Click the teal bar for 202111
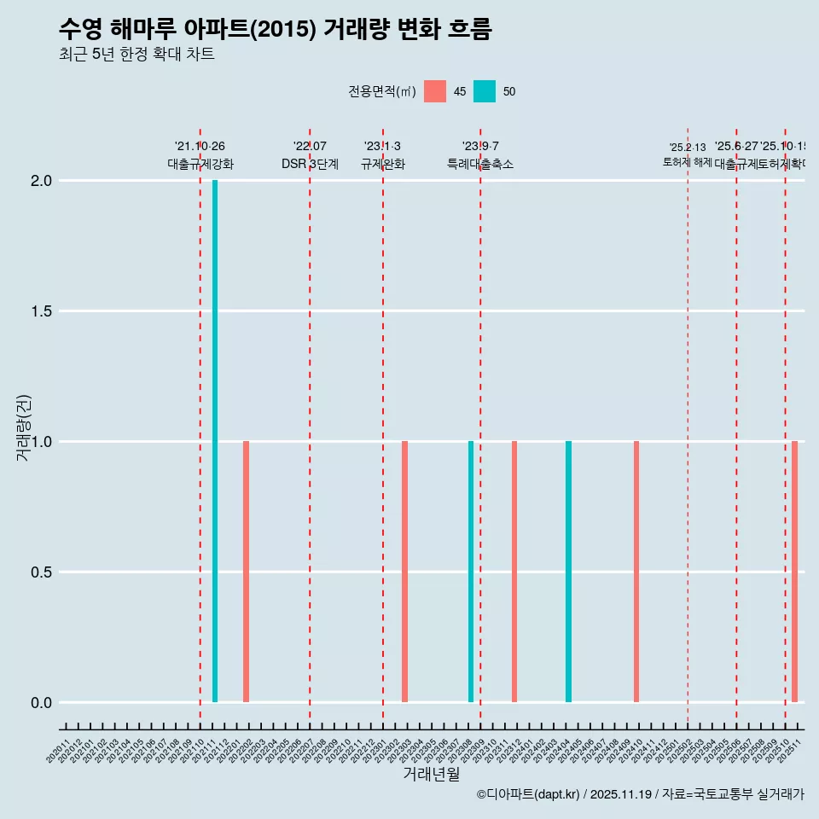tap(215, 441)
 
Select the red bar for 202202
tap(246, 572)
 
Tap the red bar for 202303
tap(404, 572)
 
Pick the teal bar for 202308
tap(470, 572)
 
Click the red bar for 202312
tap(514, 572)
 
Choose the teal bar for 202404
tap(568, 572)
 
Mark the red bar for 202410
tap(636, 572)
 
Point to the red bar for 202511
tap(794, 572)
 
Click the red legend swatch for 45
tap(435, 91)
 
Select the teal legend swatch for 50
tap(485, 91)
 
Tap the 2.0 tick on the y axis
tap(43, 181)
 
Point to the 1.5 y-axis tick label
tap(43, 311)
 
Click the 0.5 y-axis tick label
tap(43, 572)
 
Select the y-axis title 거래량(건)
tap(24, 427)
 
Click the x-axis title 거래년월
tap(431, 775)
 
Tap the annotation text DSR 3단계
tap(310, 165)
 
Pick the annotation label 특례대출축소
tap(480, 165)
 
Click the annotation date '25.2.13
tap(688, 148)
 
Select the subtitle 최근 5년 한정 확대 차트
tap(136, 55)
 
